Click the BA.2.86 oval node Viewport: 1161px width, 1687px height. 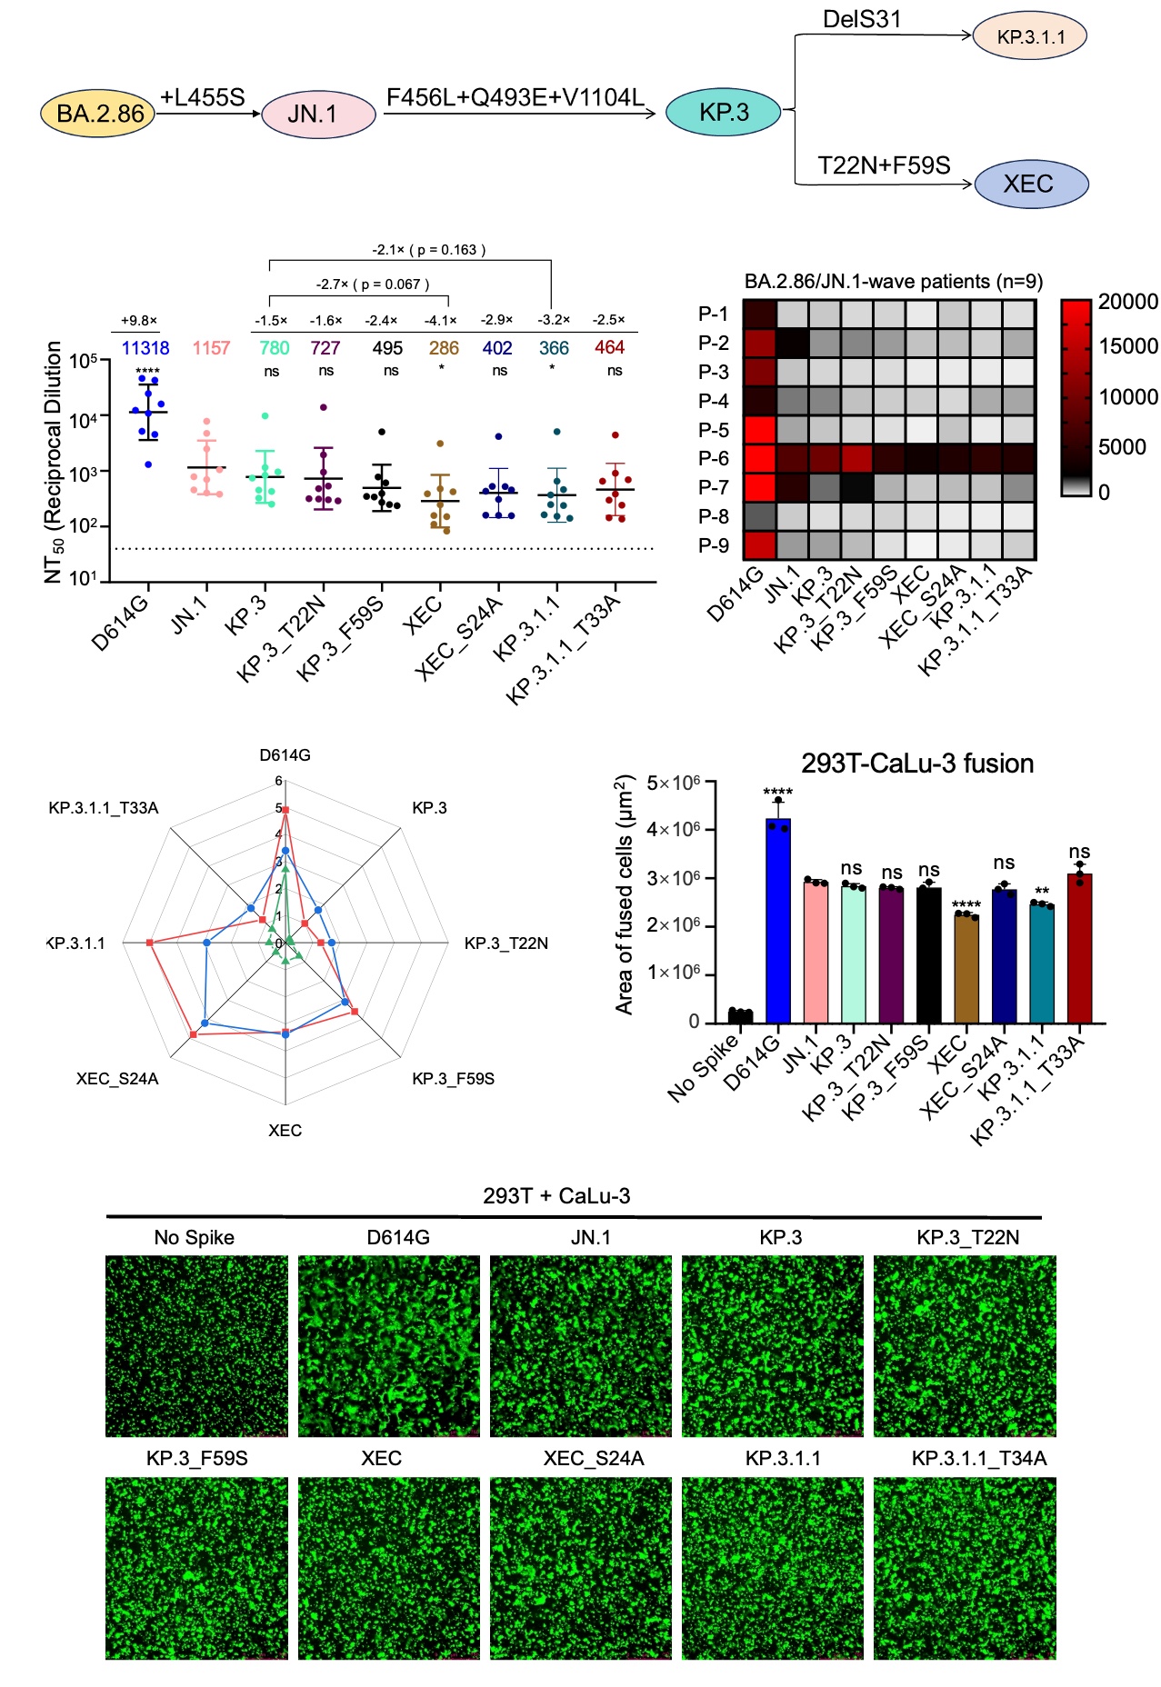98,114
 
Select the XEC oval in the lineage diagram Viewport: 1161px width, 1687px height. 1031,185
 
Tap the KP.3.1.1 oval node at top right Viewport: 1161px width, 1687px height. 1030,37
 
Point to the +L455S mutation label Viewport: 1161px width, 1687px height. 202,97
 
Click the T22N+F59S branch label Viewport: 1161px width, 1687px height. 884,165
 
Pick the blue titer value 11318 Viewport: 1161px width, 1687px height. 145,348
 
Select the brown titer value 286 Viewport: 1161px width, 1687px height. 444,348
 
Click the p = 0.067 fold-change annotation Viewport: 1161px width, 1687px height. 373,284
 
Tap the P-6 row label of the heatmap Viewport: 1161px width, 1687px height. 714,459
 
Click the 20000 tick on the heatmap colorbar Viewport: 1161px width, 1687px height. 1127,302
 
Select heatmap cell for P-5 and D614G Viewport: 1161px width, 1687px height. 759,429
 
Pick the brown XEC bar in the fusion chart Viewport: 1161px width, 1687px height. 966,967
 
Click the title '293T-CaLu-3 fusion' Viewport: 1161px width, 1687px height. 916,764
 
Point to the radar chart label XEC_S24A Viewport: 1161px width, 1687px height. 117,1079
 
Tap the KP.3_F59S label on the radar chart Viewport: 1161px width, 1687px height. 453,1079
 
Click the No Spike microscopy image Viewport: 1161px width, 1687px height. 196,1346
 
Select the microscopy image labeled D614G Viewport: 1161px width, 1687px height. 389,1346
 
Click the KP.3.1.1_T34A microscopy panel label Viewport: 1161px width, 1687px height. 979,1459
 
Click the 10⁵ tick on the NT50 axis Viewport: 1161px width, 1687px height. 84,361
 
